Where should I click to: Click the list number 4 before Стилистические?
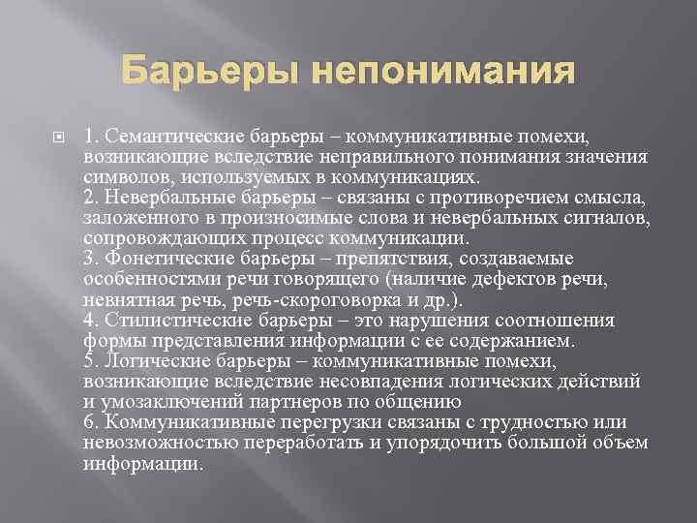[x=118, y=320]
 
